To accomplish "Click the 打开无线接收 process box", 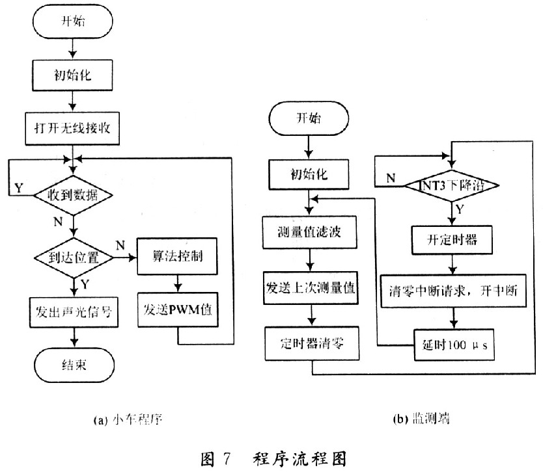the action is coord(72,128).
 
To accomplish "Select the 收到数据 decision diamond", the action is coord(73,195).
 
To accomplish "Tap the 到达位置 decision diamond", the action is coord(74,257).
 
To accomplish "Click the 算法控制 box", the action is coord(177,256).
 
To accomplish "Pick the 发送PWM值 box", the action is coord(178,309).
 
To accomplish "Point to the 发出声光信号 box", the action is coord(74,312).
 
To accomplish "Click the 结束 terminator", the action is coord(74,365).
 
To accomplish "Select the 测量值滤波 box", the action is coord(310,232).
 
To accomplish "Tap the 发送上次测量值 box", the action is coord(311,288).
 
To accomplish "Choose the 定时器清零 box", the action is coord(312,344).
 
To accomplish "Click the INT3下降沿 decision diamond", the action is coord(452,186).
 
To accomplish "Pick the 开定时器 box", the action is coord(452,241).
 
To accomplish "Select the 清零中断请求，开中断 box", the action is coord(453,291).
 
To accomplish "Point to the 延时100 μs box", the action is coord(454,345).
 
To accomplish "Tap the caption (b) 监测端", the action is coord(421,419).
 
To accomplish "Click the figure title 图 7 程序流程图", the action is coord(273,459).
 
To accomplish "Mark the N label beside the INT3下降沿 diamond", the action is coord(391,178).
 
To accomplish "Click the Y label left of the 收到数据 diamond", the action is coord(19,188).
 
